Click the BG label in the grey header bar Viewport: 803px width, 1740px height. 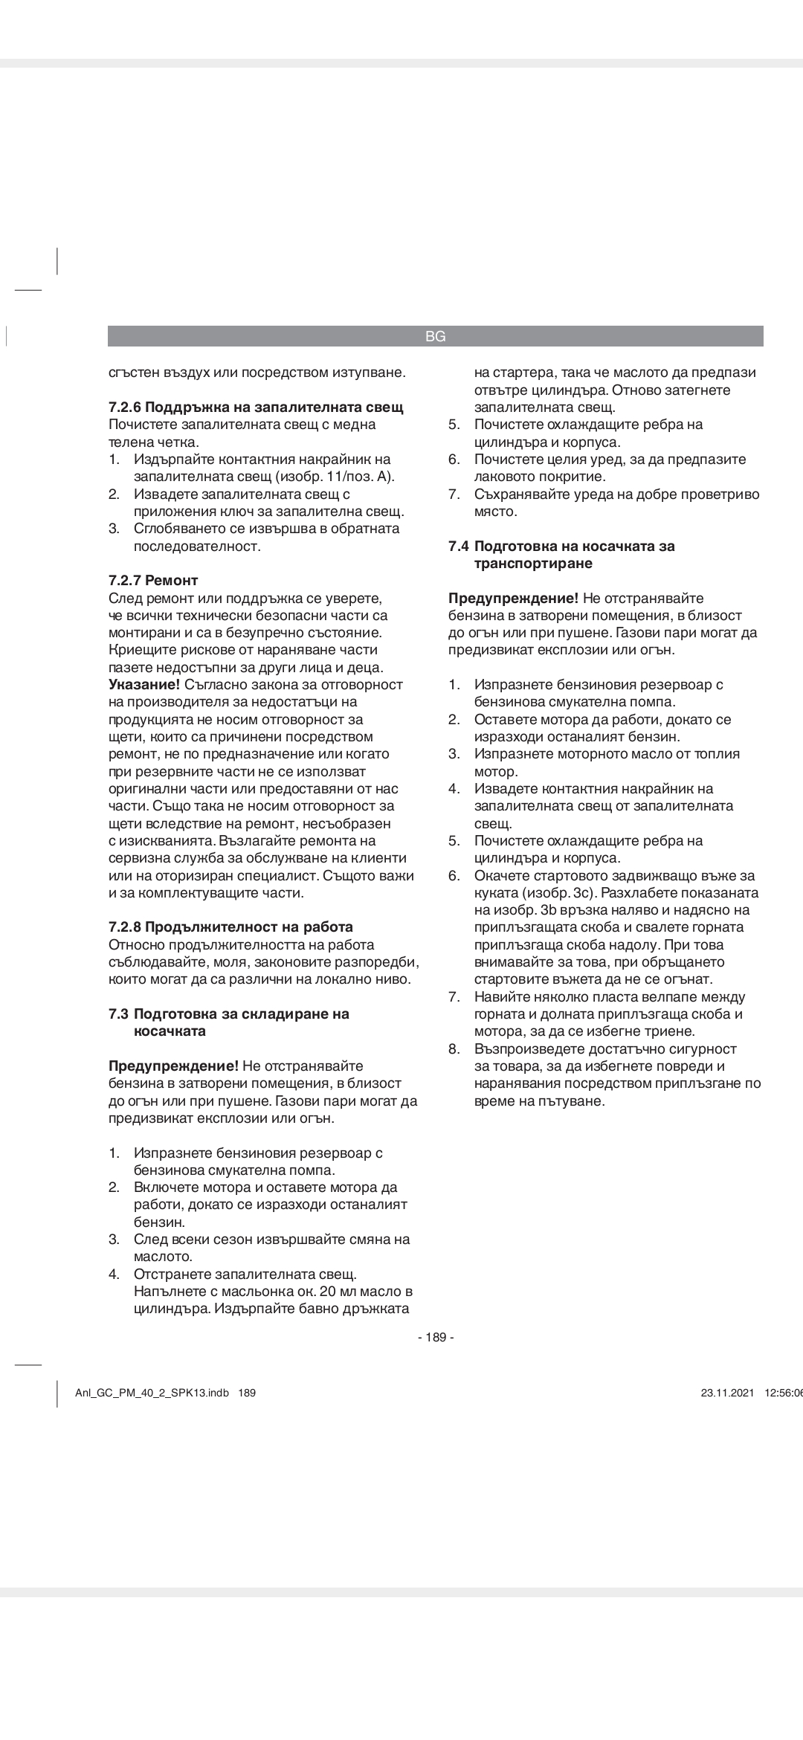pyautogui.click(x=436, y=337)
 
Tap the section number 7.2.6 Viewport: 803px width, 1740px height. pyautogui.click(x=125, y=407)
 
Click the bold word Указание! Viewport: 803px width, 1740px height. pyautogui.click(x=144, y=685)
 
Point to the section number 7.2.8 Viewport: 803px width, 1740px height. pyautogui.click(x=125, y=927)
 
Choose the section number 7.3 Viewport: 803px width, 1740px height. pyautogui.click(x=119, y=1014)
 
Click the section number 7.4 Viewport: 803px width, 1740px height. pyautogui.click(x=459, y=547)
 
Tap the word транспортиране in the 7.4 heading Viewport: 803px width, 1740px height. pyautogui.click(x=533, y=564)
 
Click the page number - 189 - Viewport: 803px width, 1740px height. pyautogui.click(x=436, y=1338)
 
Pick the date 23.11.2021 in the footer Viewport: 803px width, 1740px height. pyautogui.click(x=727, y=1393)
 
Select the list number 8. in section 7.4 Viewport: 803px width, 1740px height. pyautogui.click(x=454, y=1049)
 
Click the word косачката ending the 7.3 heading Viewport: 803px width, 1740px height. pyautogui.click(x=170, y=1031)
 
